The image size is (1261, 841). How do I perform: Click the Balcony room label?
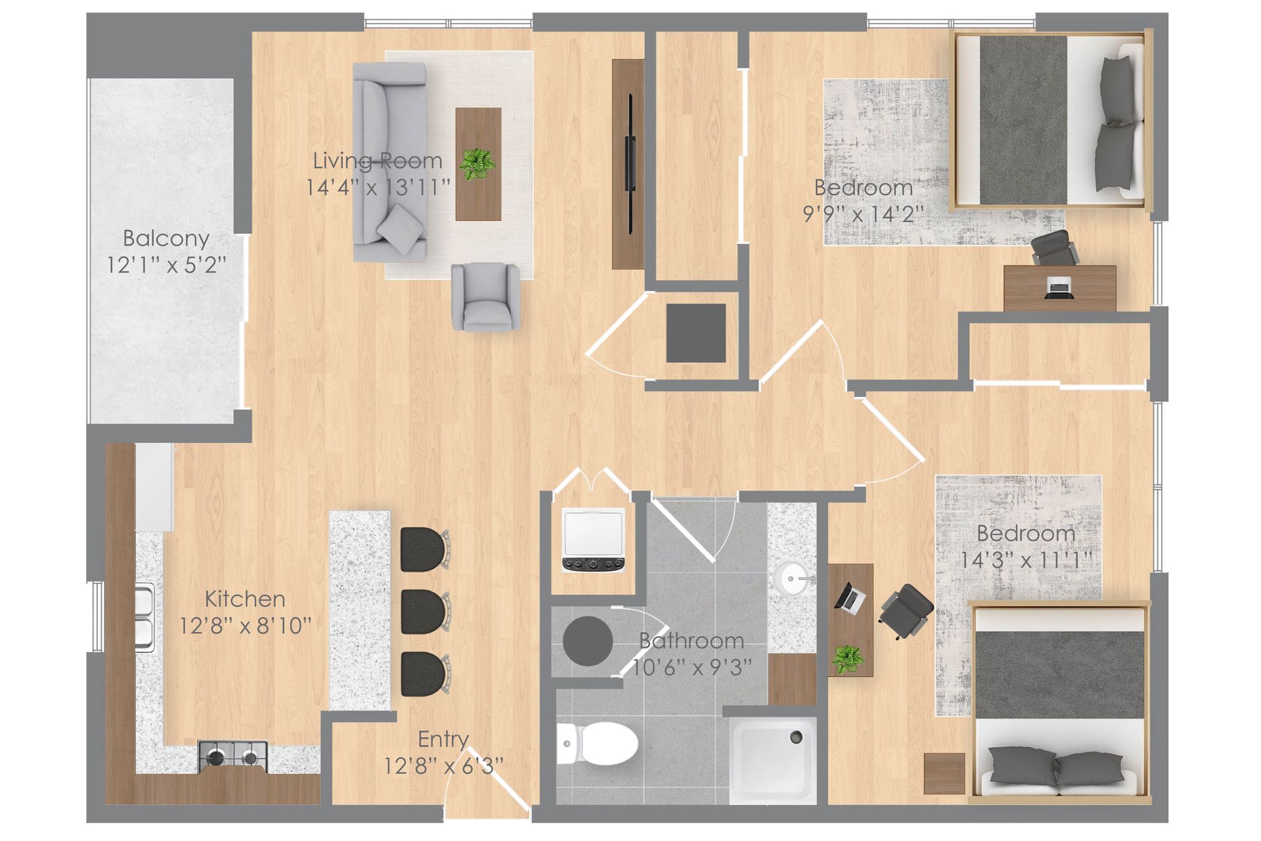click(x=166, y=238)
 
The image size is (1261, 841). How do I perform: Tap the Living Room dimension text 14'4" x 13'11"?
click(x=378, y=188)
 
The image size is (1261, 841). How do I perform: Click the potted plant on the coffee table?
click(x=477, y=163)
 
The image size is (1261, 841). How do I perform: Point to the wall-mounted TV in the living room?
click(x=630, y=163)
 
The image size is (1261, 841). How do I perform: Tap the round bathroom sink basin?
click(x=790, y=579)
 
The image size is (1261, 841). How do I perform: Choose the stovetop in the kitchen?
click(x=233, y=756)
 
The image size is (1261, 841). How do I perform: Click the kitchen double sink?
click(x=144, y=617)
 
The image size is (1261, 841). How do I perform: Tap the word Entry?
click(x=443, y=739)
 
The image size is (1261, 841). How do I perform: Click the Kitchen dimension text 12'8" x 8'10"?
click(x=246, y=625)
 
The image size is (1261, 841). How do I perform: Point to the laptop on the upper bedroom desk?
click(x=1058, y=287)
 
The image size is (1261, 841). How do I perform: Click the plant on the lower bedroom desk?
click(x=848, y=658)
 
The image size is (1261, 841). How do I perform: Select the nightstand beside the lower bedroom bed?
click(x=944, y=773)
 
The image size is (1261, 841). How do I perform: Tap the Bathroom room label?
click(x=692, y=641)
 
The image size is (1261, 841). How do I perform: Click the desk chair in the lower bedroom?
click(x=906, y=610)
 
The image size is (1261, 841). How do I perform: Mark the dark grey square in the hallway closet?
click(x=696, y=332)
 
